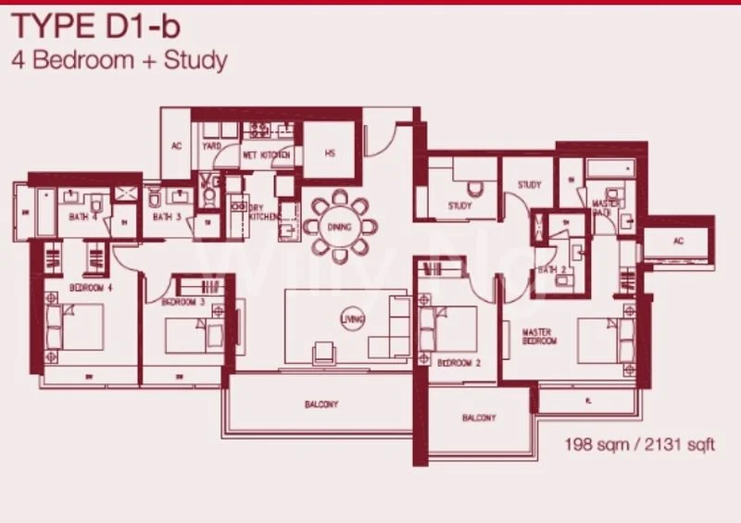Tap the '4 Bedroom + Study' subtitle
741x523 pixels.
[119, 62]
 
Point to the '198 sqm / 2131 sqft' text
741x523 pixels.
[640, 445]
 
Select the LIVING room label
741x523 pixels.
[352, 318]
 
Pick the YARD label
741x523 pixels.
[211, 145]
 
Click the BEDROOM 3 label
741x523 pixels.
[182, 302]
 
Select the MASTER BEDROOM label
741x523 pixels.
[538, 336]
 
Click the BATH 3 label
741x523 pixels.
[168, 218]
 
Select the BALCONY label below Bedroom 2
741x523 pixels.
[479, 418]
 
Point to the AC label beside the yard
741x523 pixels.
[176, 145]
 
